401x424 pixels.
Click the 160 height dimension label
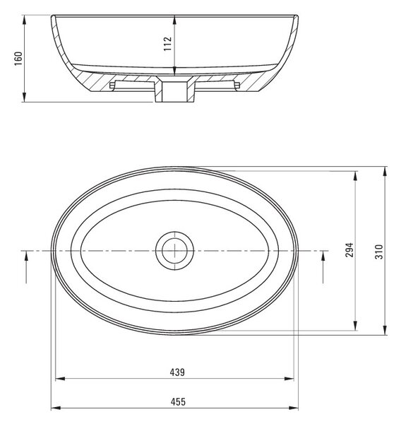click(18, 59)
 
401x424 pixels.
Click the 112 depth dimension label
click(168, 44)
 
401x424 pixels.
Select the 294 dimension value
click(349, 249)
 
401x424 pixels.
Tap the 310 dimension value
click(379, 252)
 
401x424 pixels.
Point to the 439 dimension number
click(177, 372)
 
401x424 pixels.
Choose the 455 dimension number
click(178, 402)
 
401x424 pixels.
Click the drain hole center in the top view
click(174, 251)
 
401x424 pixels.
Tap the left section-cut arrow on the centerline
click(26, 267)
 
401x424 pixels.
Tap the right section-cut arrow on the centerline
click(323, 267)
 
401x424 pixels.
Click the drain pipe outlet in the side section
click(174, 92)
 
